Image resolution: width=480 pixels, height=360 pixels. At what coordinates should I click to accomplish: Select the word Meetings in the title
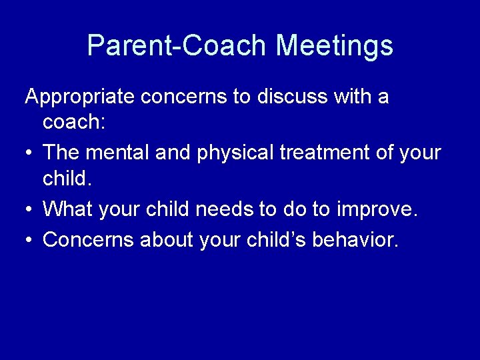334,45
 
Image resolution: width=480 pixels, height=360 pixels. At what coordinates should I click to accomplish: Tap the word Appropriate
79,97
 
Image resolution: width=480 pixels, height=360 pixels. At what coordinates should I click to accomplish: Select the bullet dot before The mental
30,153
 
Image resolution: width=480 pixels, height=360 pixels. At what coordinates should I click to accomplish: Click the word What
67,209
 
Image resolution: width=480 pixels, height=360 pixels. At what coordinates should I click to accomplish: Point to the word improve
376,209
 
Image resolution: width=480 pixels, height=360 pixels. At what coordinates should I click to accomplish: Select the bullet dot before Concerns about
30,239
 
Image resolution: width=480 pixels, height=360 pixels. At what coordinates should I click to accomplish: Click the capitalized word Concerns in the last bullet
88,239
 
